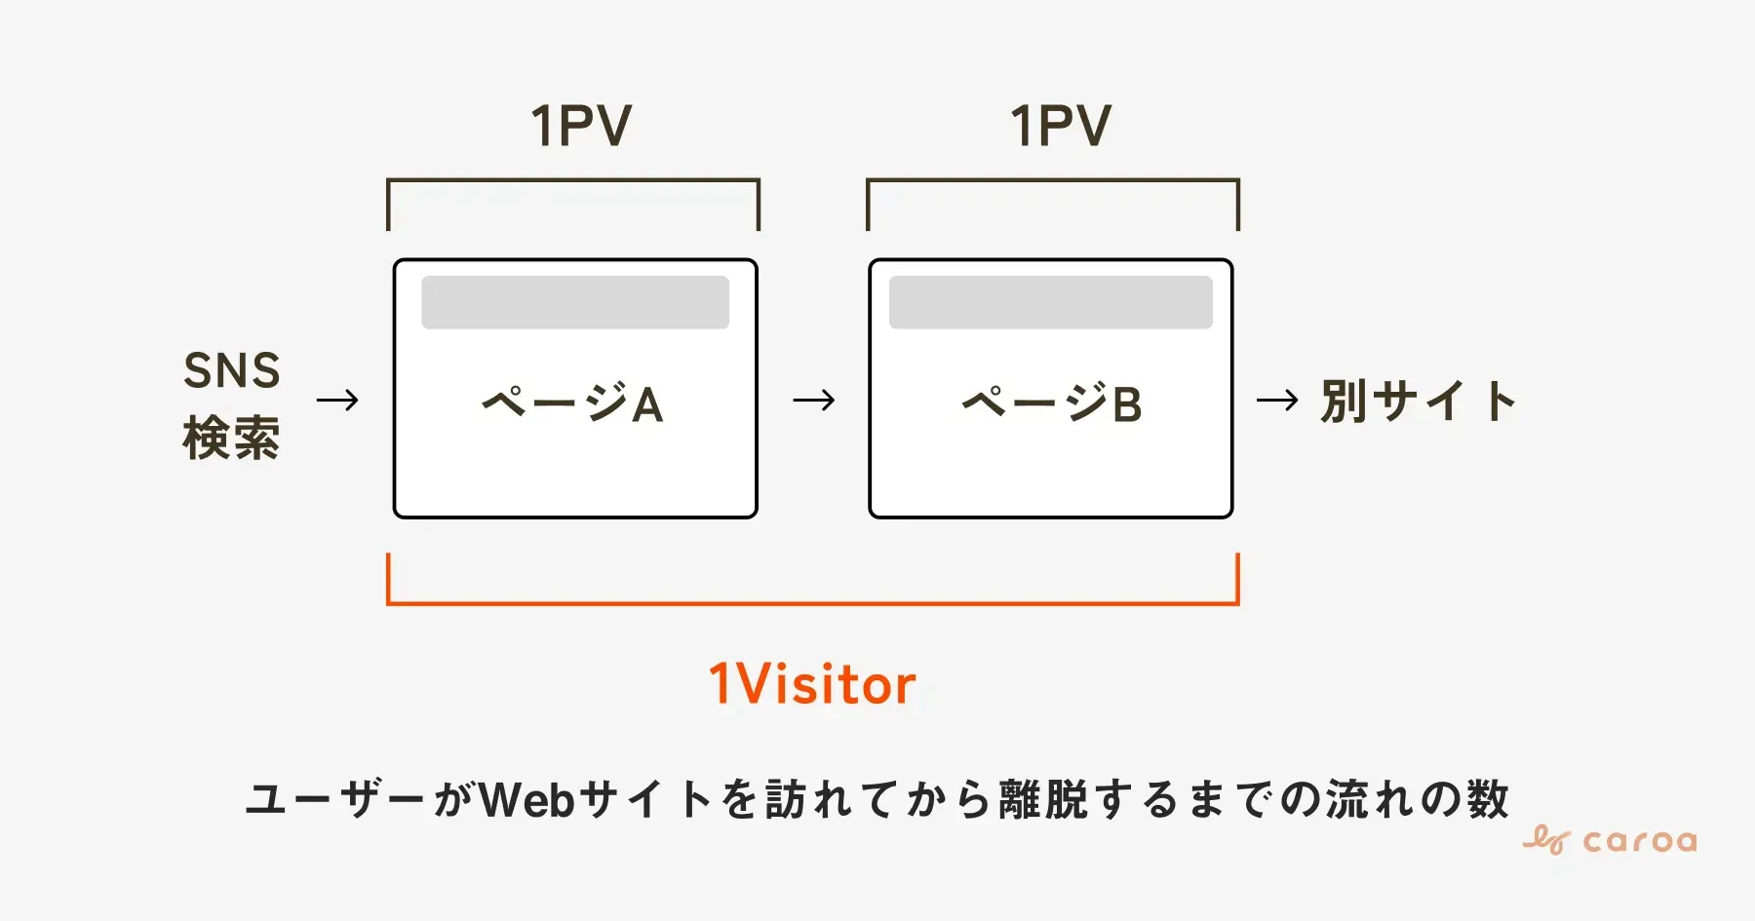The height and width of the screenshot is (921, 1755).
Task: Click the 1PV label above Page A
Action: tap(581, 127)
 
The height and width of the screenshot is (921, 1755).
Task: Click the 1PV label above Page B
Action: tap(1061, 127)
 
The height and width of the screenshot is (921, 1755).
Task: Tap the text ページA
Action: tap(573, 403)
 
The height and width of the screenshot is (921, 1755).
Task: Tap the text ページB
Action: tap(1052, 403)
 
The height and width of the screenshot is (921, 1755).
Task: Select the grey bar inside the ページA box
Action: tap(575, 302)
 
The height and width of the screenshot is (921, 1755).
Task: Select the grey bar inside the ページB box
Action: tap(1051, 302)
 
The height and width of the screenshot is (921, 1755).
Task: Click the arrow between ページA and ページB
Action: tap(814, 400)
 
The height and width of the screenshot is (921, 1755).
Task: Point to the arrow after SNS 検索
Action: tap(338, 400)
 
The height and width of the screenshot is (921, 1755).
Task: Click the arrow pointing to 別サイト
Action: tap(1277, 400)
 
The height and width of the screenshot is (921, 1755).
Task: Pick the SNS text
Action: tap(232, 370)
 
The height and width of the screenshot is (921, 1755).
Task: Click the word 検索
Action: tap(232, 438)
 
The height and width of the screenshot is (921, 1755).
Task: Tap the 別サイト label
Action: tap(1419, 401)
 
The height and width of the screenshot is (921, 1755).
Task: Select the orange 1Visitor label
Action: tap(812, 683)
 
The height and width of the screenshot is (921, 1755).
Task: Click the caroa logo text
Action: tap(1640, 841)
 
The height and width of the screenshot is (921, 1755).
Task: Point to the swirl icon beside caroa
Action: tap(1546, 839)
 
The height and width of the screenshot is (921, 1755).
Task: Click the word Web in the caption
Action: tap(527, 799)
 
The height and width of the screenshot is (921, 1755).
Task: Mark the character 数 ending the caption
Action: tap(1487, 799)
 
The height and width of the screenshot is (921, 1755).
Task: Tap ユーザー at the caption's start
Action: tap(336, 799)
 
